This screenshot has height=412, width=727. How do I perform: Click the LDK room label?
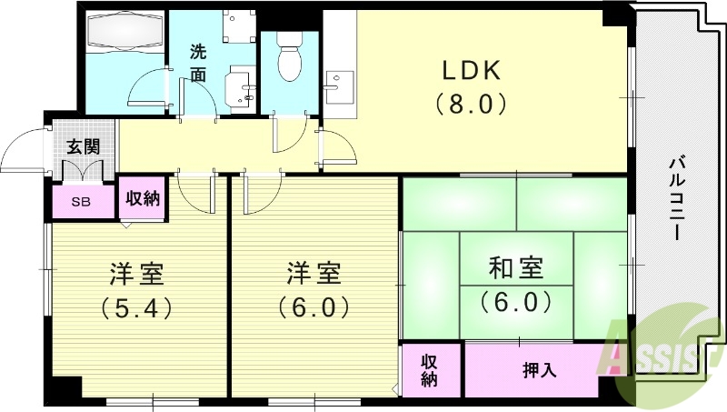coord(472,70)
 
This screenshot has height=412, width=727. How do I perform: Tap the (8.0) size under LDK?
coord(471,104)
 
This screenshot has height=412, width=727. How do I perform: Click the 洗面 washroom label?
coord(199,63)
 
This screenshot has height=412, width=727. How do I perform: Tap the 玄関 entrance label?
coord(83,146)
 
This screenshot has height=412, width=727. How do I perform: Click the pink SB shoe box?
coord(82,202)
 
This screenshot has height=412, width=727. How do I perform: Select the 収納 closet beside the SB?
coord(143,197)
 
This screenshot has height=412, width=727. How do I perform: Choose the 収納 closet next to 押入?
coord(430,370)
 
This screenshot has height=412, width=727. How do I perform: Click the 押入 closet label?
coord(541,370)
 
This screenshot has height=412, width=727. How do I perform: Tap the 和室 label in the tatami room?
coord(515,268)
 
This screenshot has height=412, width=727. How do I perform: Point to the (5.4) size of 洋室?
coord(136,307)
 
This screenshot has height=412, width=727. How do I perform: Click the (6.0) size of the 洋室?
coord(314,307)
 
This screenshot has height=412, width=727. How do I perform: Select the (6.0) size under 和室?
coord(515,300)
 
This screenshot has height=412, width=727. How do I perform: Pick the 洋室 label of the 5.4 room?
coord(136,273)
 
